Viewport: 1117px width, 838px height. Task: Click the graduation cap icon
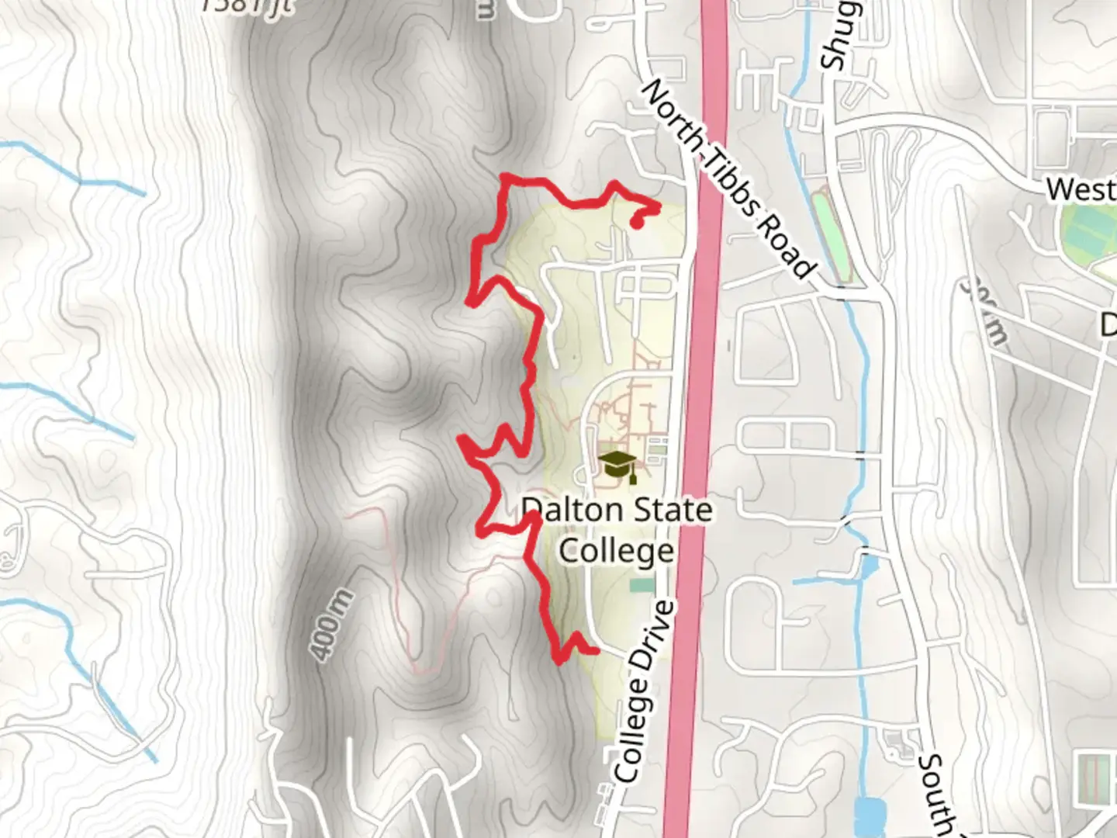[617, 466]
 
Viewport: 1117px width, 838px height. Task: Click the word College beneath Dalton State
[617, 551]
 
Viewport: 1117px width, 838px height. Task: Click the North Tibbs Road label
[729, 178]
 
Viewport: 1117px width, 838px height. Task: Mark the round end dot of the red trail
[636, 224]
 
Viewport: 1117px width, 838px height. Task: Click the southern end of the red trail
[596, 652]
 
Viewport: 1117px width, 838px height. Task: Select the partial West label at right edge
[1081, 189]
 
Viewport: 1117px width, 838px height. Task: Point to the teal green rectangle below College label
[642, 584]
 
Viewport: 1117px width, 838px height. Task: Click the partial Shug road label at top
[838, 35]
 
